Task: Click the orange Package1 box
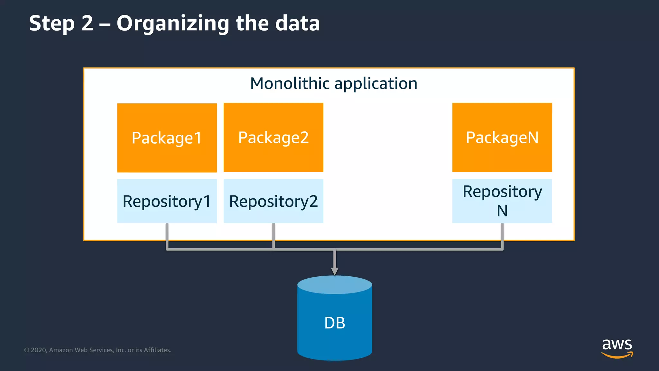(167, 138)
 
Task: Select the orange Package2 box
(273, 138)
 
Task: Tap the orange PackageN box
(502, 138)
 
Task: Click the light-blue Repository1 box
(167, 201)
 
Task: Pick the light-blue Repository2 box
(273, 201)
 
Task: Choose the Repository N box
(502, 201)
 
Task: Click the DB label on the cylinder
(335, 323)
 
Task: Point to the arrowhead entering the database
(335, 271)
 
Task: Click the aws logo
(617, 348)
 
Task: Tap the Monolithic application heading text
(334, 83)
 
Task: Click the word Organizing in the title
(173, 24)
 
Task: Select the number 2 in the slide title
(87, 23)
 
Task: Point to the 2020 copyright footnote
(97, 350)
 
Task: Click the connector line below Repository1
(167, 237)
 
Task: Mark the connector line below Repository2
(274, 237)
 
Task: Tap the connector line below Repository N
(502, 237)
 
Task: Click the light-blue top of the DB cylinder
(335, 284)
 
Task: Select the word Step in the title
(52, 24)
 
